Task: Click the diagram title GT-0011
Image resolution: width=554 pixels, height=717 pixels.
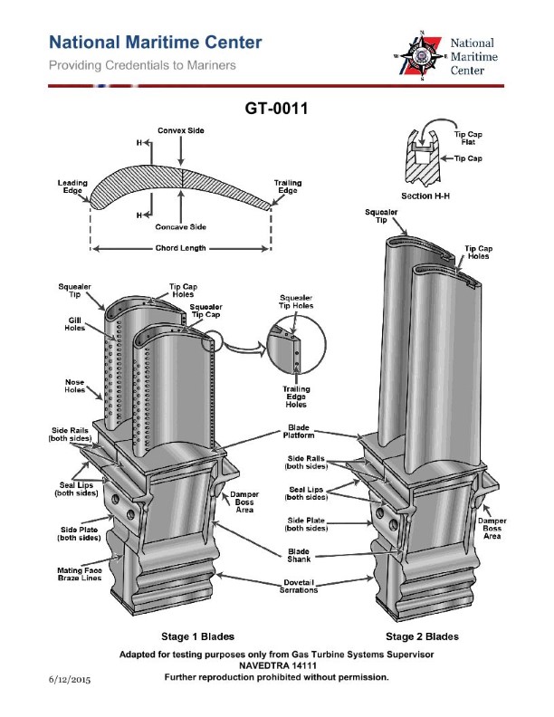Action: [277, 110]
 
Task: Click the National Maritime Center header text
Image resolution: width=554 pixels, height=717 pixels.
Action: [155, 43]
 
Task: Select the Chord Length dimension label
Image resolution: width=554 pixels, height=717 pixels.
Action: [180, 247]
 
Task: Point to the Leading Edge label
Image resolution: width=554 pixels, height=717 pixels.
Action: [73, 186]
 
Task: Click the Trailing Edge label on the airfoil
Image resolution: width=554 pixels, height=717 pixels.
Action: [287, 186]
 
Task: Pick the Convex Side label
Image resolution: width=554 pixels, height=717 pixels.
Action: [181, 130]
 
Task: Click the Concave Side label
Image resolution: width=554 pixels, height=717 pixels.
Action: [181, 226]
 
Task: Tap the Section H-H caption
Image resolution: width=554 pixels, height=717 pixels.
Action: [427, 196]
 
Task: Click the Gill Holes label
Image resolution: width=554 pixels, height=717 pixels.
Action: [74, 324]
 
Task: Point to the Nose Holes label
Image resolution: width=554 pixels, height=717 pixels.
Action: [74, 386]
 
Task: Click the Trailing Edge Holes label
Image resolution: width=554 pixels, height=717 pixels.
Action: [295, 397]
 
